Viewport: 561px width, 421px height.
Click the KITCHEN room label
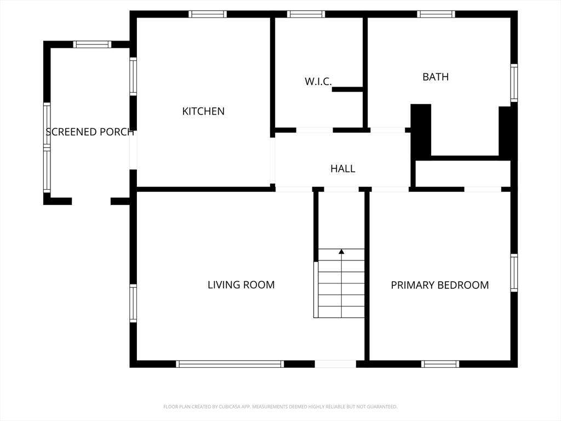point(203,111)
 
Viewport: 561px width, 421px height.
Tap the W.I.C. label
point(318,82)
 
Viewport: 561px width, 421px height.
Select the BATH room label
point(436,77)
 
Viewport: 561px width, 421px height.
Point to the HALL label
point(343,169)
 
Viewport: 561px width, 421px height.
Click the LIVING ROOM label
point(241,285)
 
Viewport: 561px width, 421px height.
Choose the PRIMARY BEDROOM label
point(440,285)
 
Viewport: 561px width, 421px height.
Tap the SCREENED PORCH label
point(90,132)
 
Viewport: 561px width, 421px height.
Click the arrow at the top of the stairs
point(341,252)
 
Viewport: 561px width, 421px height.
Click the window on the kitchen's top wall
point(208,14)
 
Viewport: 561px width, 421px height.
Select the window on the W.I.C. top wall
point(306,14)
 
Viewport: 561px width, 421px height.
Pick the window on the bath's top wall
point(436,14)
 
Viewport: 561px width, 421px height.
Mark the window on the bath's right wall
point(514,83)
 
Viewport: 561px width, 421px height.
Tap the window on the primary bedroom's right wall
point(514,273)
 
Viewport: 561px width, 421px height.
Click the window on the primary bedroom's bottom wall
point(440,363)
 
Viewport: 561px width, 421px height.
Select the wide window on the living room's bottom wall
point(230,363)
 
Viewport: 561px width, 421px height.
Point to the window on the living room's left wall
point(133,303)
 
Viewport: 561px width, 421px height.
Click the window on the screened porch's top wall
point(93,44)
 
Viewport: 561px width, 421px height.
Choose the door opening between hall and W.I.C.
point(314,130)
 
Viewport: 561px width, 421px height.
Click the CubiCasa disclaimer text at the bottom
point(280,407)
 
